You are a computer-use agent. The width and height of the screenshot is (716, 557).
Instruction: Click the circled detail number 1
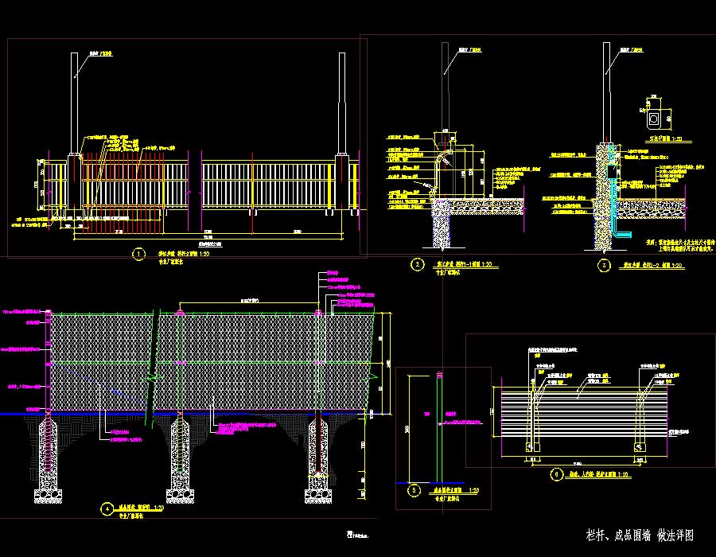pos(139,255)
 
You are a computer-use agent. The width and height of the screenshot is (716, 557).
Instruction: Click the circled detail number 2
pos(416,264)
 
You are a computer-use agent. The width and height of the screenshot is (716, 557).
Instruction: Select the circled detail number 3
pos(605,265)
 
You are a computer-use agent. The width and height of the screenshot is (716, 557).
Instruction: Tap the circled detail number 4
pos(106,508)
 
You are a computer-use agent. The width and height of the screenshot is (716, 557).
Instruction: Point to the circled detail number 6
pos(555,476)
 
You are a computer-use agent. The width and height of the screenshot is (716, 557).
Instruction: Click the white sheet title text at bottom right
pos(640,535)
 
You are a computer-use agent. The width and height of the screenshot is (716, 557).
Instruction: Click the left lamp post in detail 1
pos(75,103)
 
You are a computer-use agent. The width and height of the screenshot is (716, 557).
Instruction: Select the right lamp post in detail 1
pos(342,103)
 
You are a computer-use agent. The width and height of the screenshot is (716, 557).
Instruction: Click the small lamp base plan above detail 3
pos(654,119)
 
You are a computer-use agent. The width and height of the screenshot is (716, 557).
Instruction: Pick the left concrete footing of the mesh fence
pos(49,462)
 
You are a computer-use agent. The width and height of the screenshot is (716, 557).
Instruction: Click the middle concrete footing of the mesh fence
pos(181,462)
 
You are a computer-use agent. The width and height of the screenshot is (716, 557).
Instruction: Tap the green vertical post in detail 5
pos(438,430)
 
